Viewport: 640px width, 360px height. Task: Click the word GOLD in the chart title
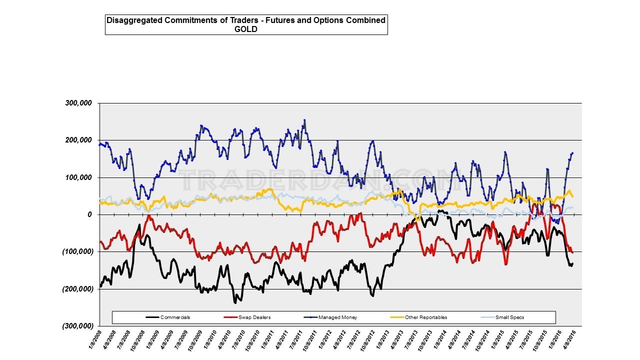coord(246,29)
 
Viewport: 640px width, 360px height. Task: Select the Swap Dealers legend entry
coord(255,317)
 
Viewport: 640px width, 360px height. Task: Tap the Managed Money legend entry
coord(340,317)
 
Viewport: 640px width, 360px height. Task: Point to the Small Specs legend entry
coord(509,317)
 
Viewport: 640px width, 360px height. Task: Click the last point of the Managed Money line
coord(572,153)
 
